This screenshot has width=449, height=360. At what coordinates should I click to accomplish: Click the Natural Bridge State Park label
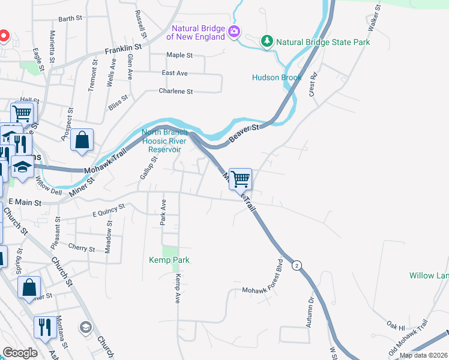323,42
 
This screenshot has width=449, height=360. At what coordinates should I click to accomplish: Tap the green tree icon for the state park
267,41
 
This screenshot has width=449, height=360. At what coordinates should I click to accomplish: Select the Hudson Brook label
277,77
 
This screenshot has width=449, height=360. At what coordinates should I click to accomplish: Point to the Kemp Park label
169,260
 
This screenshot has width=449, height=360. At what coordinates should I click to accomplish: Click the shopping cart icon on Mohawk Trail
240,178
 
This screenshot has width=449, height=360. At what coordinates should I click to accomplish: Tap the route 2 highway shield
296,265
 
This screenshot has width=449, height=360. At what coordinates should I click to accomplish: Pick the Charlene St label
175,91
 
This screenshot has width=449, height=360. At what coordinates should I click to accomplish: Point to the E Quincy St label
108,209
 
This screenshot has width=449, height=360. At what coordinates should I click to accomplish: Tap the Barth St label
70,19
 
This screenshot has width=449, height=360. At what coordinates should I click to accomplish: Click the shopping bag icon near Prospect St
82,140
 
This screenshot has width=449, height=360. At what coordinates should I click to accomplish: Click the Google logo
19,352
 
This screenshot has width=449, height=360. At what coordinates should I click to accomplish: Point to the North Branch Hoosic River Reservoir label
164,140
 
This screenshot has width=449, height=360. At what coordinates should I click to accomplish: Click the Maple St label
179,55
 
